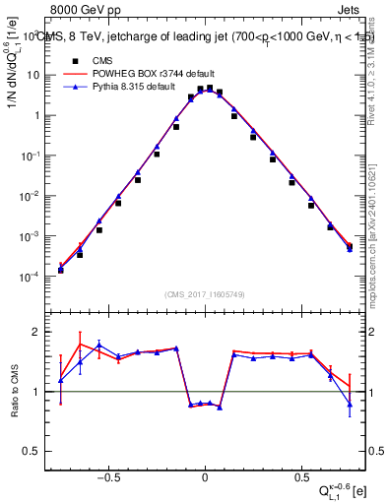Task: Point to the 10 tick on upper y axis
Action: coord(39,75)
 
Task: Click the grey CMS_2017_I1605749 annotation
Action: coord(206,294)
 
